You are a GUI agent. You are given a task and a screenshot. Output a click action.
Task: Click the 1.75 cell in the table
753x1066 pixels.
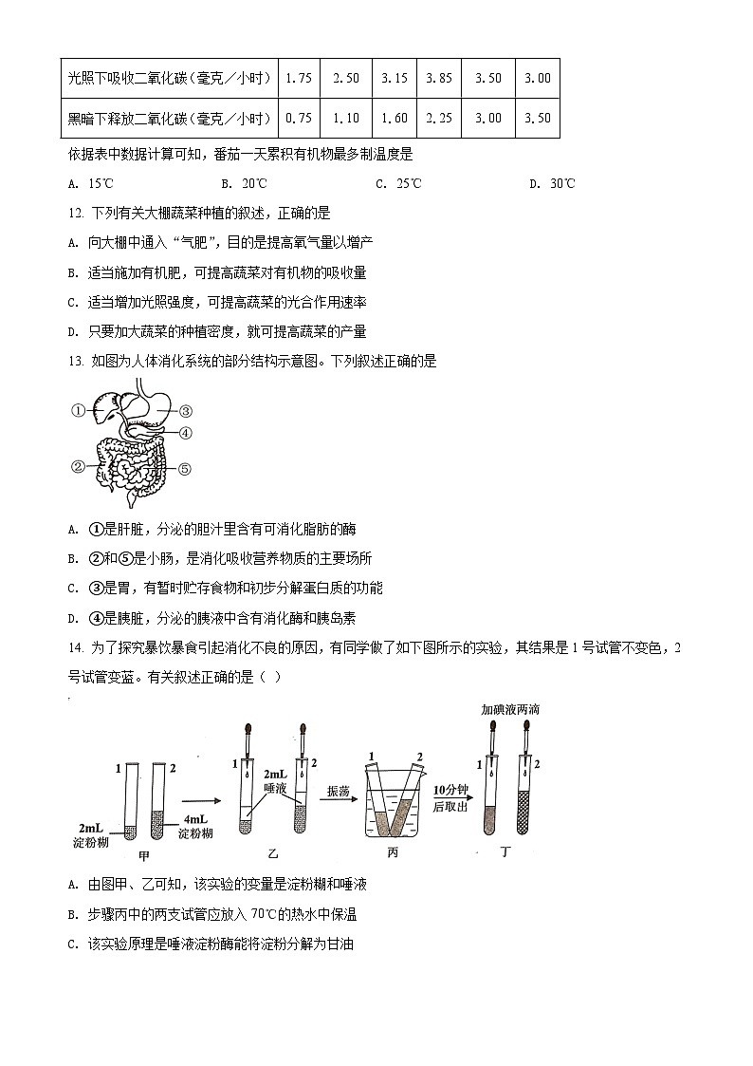(x=299, y=78)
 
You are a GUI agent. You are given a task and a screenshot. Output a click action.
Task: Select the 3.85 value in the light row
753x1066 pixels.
(x=439, y=78)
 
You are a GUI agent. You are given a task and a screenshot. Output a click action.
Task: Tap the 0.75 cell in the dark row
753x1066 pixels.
(x=299, y=119)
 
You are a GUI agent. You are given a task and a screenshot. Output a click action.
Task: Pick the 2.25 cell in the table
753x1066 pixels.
(x=439, y=119)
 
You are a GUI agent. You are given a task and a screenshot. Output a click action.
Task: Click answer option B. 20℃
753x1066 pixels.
(x=244, y=183)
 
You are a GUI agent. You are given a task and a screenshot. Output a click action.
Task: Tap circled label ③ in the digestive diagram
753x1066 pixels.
(x=186, y=411)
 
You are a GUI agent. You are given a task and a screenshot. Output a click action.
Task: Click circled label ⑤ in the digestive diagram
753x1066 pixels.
(x=186, y=468)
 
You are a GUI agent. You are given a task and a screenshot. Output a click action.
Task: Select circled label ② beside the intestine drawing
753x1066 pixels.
(x=78, y=466)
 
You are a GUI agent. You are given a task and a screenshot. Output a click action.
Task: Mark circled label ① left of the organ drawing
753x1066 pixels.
(x=78, y=411)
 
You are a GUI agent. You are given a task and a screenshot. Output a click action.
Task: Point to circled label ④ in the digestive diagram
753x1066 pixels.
(x=186, y=433)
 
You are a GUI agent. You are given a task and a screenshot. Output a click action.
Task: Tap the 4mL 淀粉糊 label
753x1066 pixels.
(x=195, y=827)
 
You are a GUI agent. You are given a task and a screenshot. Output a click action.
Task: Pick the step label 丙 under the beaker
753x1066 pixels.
(x=393, y=851)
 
